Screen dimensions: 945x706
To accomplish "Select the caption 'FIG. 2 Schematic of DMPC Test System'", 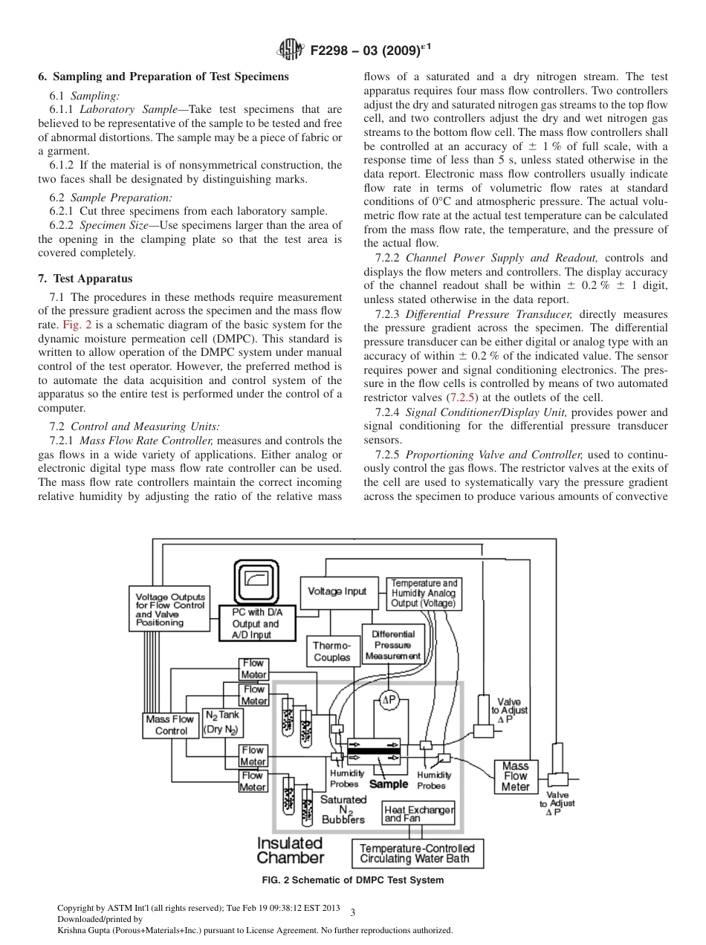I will click(x=352, y=880).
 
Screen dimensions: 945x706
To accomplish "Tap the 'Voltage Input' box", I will click(x=337, y=591).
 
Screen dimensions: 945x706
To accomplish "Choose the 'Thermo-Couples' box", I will click(x=331, y=652).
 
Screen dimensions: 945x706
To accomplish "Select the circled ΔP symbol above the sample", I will click(x=389, y=700).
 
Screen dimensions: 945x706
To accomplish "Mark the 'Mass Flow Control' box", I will click(x=171, y=725).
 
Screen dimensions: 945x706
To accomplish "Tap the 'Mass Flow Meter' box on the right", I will click(x=515, y=776).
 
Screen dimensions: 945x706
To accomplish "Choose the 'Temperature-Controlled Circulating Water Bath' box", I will click(x=417, y=853).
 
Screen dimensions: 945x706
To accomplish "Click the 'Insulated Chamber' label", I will click(x=290, y=851).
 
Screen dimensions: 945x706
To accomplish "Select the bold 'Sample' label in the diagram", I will click(x=389, y=784).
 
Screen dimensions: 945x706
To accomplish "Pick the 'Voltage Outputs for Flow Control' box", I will click(x=170, y=609).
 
